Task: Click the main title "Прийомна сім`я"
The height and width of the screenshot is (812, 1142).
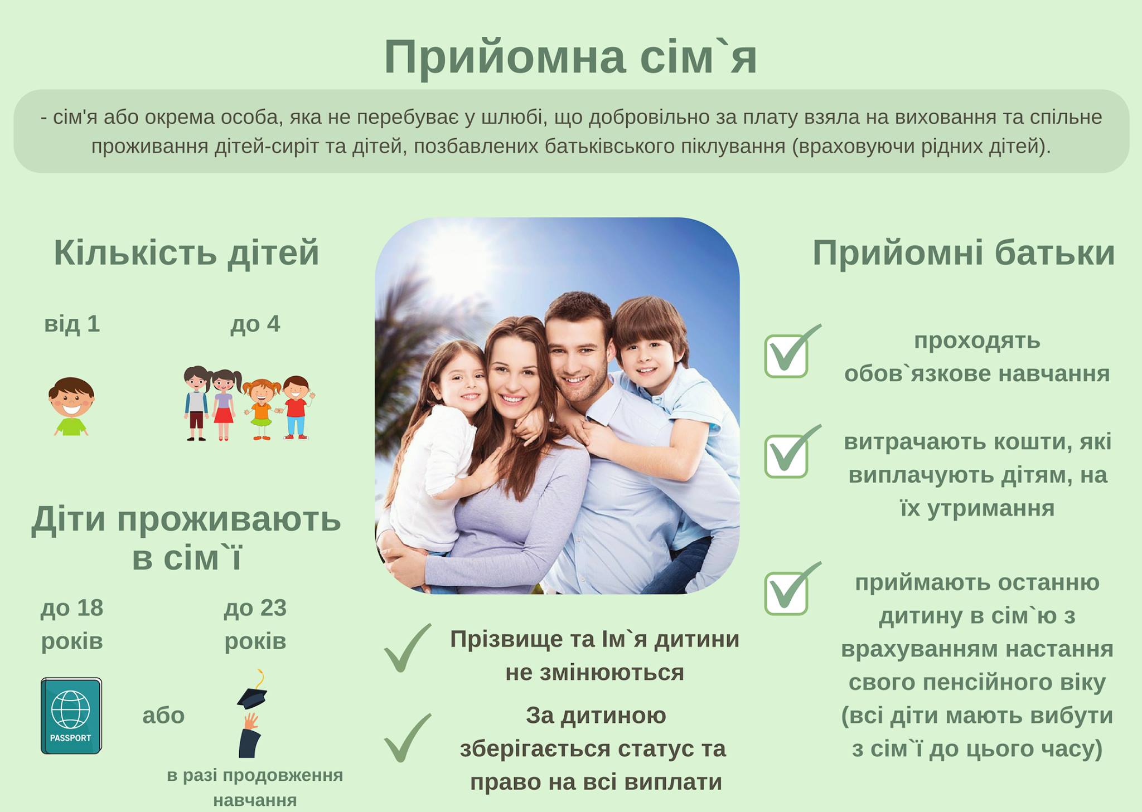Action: tap(570, 57)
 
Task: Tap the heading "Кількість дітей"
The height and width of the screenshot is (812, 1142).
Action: tap(186, 252)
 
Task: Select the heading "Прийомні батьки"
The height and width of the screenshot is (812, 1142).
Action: tap(964, 252)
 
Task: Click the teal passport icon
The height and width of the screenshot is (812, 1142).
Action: tap(71, 716)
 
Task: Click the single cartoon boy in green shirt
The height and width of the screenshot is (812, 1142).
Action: tap(71, 406)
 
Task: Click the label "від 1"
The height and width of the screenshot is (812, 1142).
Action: tap(72, 324)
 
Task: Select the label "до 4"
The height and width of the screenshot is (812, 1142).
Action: tap(255, 324)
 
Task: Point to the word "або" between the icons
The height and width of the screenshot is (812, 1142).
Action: tap(163, 715)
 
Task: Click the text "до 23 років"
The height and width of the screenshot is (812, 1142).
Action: tap(255, 624)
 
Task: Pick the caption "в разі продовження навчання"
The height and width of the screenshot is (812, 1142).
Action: tap(255, 787)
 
